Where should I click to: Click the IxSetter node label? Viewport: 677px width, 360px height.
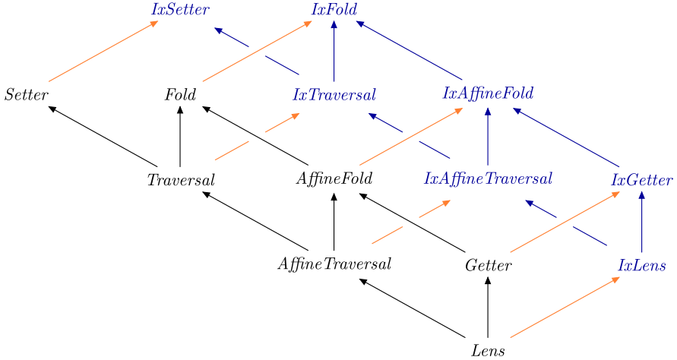[x=181, y=10]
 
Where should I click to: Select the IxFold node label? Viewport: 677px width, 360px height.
[x=334, y=10]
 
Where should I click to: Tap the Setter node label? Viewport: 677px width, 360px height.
[x=27, y=96]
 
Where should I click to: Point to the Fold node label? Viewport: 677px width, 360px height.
[x=180, y=96]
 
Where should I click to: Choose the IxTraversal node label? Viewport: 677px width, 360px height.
[x=334, y=96]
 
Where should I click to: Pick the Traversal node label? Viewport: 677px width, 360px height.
[x=181, y=181]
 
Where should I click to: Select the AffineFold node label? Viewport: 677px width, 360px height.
[x=334, y=180]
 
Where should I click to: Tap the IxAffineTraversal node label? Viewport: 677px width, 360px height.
[x=488, y=180]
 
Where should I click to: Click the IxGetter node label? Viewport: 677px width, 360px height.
[x=642, y=181]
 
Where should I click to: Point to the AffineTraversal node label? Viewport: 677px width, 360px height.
[x=334, y=265]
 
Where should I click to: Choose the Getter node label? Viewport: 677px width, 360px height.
[x=488, y=266]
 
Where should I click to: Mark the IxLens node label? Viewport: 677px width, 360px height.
[x=642, y=266]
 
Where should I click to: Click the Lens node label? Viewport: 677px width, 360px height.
[x=488, y=351]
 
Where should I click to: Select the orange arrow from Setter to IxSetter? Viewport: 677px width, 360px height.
[x=103, y=51]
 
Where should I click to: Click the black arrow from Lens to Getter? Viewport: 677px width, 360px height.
[x=488, y=308]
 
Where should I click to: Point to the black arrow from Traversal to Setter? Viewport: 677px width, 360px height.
[x=103, y=136]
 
